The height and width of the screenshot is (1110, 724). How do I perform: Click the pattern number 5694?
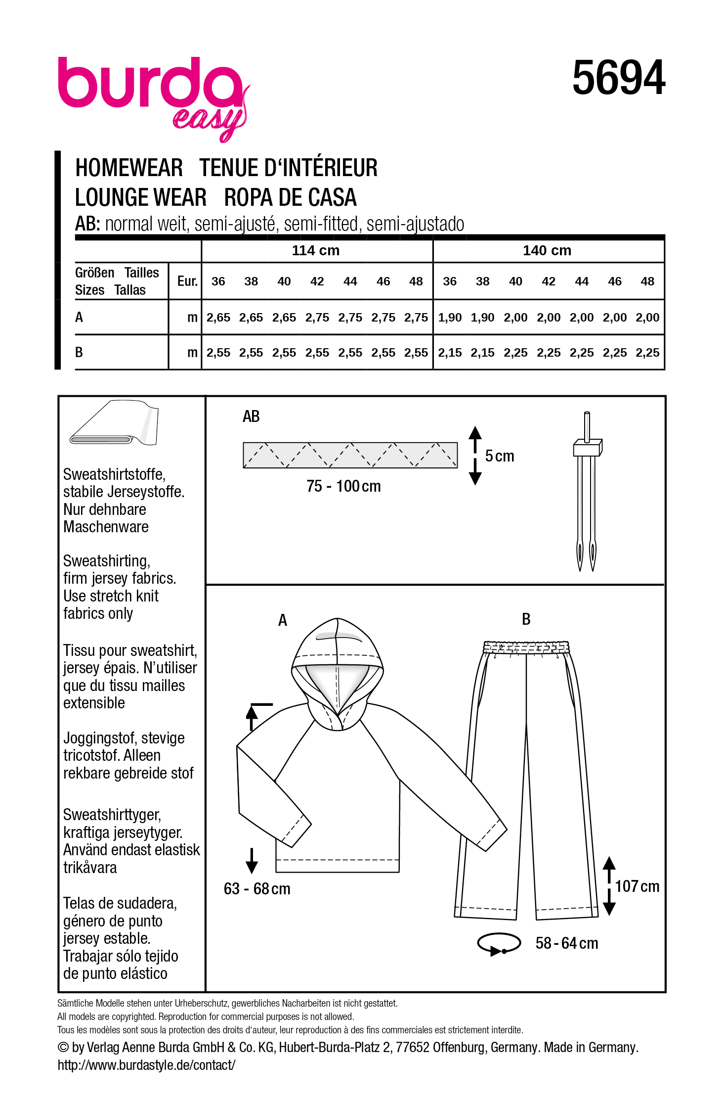(618, 78)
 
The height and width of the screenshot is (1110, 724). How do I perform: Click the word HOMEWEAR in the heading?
(129, 168)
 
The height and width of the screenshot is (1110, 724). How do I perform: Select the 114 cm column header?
(315, 250)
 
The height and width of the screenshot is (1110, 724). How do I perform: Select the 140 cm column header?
(547, 250)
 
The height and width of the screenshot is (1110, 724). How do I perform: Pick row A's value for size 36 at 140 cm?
(449, 318)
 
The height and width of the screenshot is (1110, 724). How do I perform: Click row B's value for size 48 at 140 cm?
(647, 353)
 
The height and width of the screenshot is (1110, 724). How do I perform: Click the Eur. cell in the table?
(187, 281)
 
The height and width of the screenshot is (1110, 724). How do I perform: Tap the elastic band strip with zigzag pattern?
(350, 455)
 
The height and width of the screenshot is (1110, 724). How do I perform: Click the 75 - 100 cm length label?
(343, 486)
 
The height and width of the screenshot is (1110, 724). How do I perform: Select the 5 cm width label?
(499, 456)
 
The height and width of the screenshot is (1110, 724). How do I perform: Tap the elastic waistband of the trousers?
(526, 647)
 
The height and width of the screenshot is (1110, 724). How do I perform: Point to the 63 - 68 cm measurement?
(257, 889)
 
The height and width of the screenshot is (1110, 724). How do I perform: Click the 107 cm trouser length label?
(637, 886)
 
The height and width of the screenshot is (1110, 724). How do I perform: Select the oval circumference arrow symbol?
(499, 943)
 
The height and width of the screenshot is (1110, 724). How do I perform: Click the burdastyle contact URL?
(146, 1065)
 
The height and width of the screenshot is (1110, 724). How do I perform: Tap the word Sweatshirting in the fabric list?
(106, 561)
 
